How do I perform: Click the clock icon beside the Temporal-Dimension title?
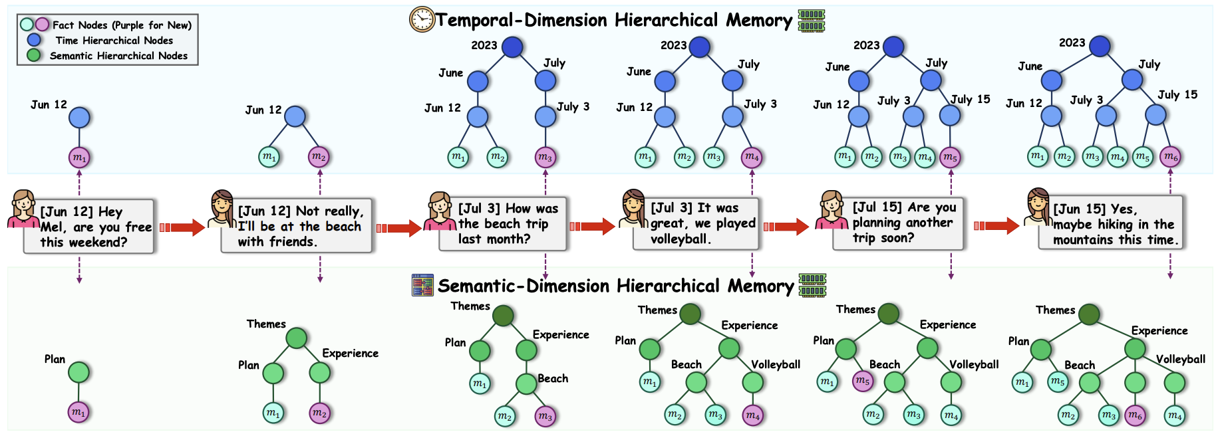point(422,19)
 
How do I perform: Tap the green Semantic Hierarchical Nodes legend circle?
point(34,55)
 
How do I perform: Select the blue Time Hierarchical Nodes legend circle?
point(34,40)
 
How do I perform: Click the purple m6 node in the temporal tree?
point(1170,157)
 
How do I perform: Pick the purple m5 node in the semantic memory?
point(863,381)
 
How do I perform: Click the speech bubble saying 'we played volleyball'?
point(695,224)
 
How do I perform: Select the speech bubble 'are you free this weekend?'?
point(88,227)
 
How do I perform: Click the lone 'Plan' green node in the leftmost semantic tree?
point(78,372)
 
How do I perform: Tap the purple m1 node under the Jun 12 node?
point(79,158)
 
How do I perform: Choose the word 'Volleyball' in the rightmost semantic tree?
point(1180,359)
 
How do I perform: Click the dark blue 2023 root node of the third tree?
point(512,47)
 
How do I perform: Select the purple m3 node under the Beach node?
point(545,416)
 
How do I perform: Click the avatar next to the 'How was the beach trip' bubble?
point(439,211)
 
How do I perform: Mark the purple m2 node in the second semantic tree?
point(319,413)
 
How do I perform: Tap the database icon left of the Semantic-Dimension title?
point(422,285)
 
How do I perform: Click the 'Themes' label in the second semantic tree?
point(266,324)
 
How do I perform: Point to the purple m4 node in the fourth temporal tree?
point(752,157)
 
